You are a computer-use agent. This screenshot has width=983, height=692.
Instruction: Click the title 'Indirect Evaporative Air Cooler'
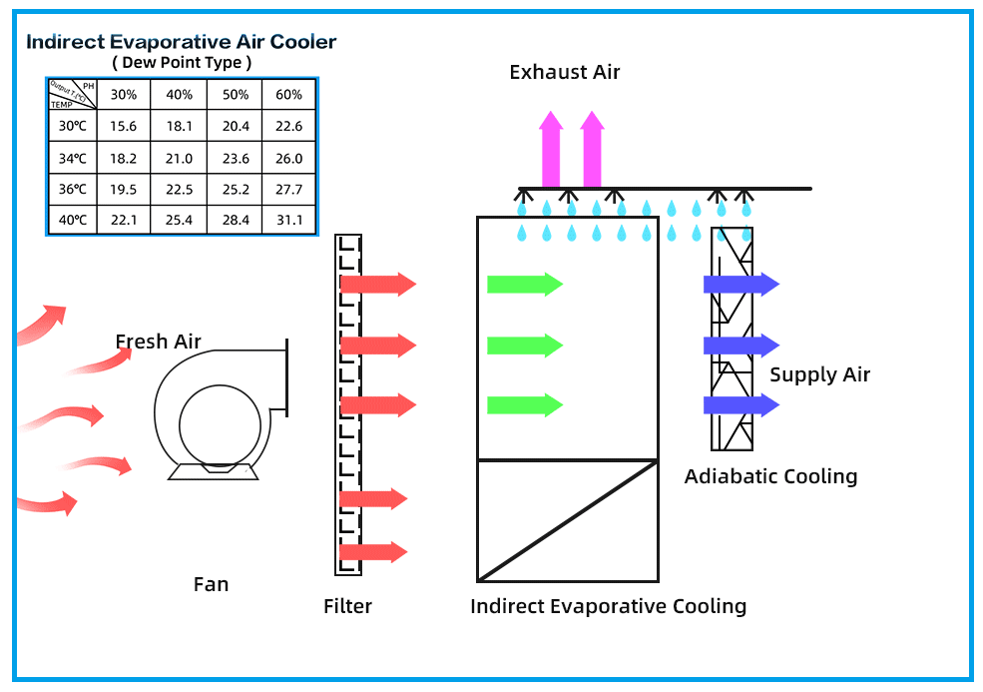point(181,42)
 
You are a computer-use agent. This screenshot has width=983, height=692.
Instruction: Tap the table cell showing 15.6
point(124,126)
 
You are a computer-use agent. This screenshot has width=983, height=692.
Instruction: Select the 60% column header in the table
point(288,95)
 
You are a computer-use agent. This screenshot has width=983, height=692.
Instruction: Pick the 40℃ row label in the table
point(73,220)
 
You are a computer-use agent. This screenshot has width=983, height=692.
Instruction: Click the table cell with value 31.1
point(288,220)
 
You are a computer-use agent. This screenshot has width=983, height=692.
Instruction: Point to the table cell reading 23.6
point(235,158)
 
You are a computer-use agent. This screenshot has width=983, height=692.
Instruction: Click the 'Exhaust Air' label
point(564,72)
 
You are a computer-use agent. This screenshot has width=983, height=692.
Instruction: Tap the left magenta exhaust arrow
point(550,150)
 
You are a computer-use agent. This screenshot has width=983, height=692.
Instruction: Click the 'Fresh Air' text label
point(158,342)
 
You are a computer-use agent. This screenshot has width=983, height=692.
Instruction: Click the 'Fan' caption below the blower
point(211,584)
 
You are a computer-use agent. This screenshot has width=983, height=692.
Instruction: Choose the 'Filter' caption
point(347,606)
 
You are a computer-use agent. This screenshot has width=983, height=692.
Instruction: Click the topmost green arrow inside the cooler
point(524,285)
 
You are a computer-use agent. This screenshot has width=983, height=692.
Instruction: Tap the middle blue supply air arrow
point(740,346)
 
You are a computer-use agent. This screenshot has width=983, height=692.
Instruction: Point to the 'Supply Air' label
point(819,374)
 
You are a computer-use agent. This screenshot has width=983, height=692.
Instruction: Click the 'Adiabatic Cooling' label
point(770,476)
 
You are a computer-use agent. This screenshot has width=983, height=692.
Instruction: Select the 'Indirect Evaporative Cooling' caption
point(608,606)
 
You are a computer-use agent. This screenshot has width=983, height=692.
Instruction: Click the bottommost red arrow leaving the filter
point(373,552)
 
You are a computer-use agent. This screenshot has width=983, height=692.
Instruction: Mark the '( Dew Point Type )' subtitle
point(181,63)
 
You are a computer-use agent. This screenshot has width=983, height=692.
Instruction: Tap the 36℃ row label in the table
point(73,189)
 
